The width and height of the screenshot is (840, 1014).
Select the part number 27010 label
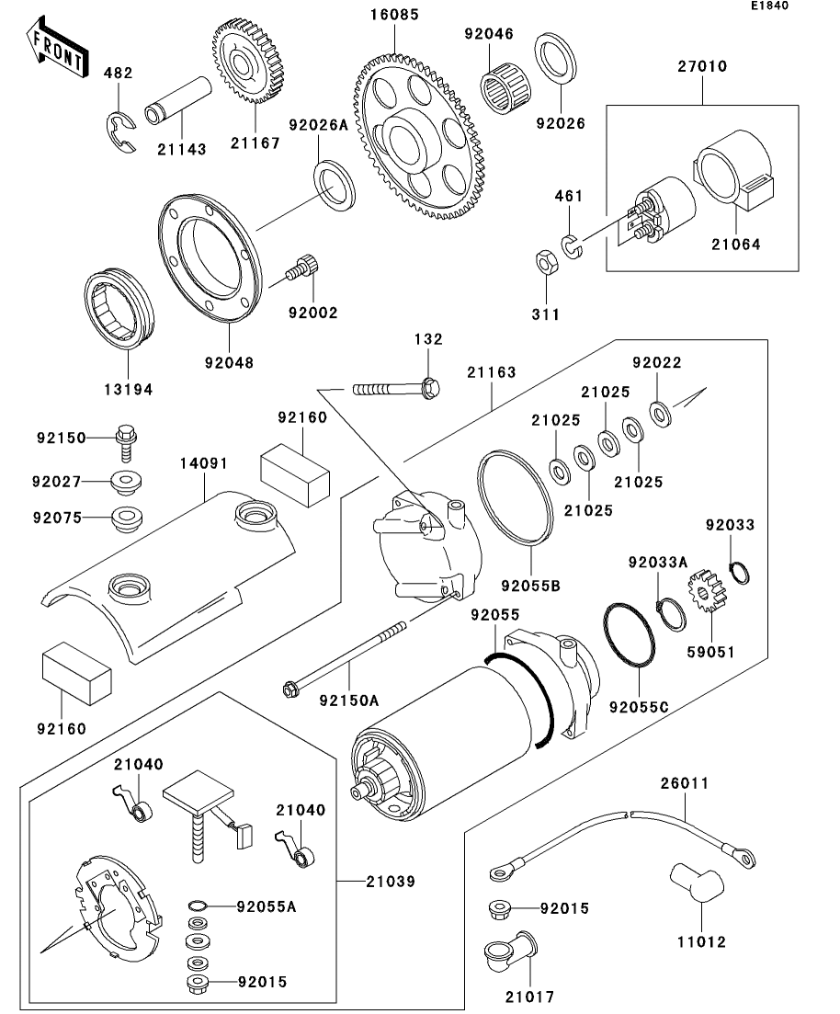(x=703, y=67)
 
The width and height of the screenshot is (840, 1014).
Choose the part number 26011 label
(x=685, y=784)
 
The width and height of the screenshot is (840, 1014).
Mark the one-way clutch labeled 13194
(x=121, y=307)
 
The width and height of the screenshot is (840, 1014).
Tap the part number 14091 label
(x=203, y=465)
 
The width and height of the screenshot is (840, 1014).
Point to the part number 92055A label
(x=267, y=906)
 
